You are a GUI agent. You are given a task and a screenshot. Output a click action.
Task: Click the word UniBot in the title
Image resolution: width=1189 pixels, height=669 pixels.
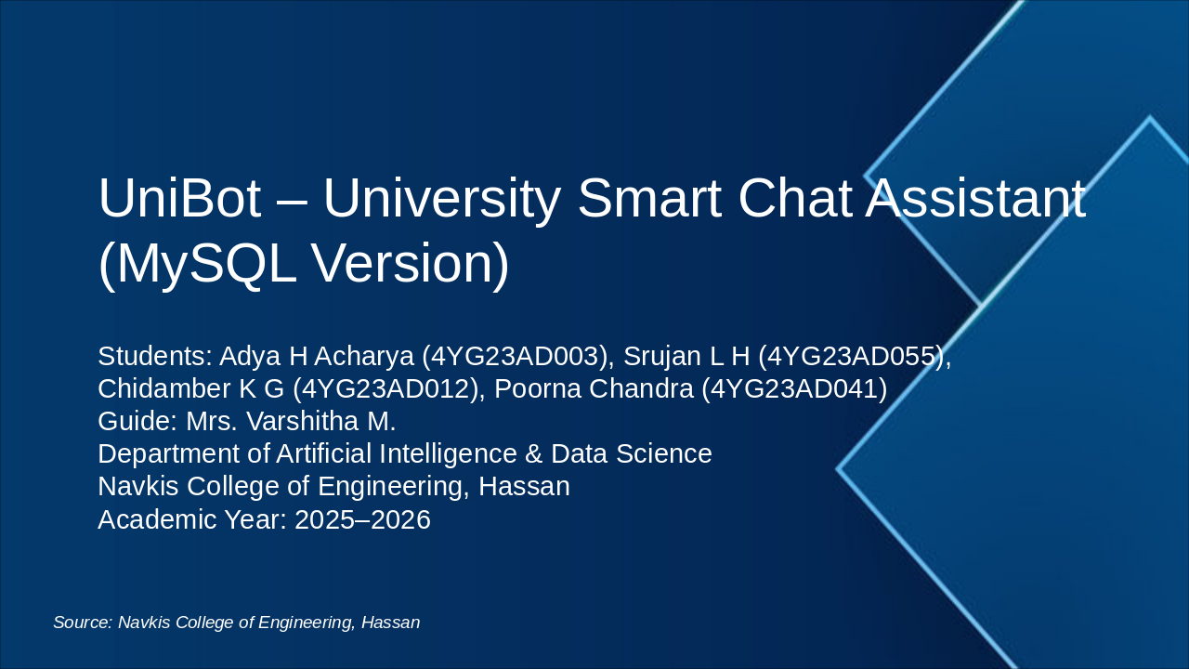pyautogui.click(x=179, y=198)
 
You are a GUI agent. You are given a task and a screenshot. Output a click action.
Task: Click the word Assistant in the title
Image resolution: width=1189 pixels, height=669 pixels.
pyautogui.click(x=974, y=198)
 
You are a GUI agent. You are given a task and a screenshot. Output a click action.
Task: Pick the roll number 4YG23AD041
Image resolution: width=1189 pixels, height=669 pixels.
pyautogui.click(x=794, y=389)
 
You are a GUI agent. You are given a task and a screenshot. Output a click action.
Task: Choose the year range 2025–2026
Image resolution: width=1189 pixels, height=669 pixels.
pyautogui.click(x=362, y=519)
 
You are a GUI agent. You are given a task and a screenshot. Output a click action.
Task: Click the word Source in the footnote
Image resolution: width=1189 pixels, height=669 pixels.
pyautogui.click(x=82, y=623)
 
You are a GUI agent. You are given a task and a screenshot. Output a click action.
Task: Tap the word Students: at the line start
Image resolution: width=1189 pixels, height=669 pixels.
pyautogui.click(x=154, y=357)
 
